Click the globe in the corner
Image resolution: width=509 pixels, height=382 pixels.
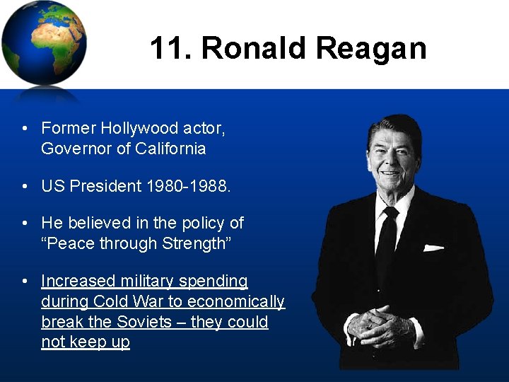tap(44, 42)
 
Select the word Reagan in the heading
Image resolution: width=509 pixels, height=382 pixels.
tap(371, 49)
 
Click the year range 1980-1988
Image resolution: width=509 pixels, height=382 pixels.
tap(188, 186)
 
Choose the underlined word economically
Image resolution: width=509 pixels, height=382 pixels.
tap(240, 302)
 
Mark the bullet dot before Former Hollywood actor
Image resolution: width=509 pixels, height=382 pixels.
tap(25, 129)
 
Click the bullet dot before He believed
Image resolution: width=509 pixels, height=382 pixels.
tap(25, 224)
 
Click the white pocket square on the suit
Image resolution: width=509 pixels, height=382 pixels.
tap(433, 248)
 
